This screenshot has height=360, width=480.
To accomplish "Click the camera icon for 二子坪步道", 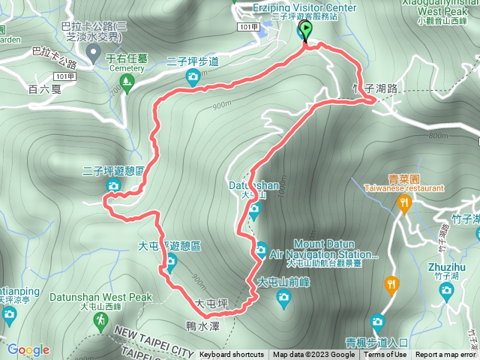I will click(193, 76).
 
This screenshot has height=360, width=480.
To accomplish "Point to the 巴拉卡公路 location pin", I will click(93, 52).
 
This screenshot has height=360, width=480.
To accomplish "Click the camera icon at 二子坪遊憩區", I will click(113, 186).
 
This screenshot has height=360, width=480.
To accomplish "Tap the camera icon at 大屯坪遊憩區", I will click(170, 260).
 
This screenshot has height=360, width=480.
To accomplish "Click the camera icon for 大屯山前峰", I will click(283, 298).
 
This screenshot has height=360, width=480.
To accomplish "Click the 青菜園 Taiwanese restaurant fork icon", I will click(405, 202).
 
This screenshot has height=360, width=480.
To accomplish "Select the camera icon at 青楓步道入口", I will click(377, 322).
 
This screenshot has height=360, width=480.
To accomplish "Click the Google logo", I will click(28, 349).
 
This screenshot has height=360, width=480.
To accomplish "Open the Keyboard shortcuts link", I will click(231, 355).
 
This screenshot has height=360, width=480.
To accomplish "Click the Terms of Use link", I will click(387, 355).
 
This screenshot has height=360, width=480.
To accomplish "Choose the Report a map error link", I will click(446, 355).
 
